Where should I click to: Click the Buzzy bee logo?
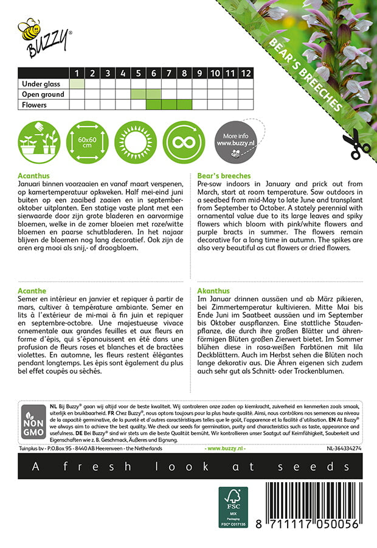44,37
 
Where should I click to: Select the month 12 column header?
245,74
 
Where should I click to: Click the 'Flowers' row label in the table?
35,105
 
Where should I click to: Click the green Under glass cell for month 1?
77,84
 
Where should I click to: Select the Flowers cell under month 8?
184,105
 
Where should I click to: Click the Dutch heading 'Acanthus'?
33,175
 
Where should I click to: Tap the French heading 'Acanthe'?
32,292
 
